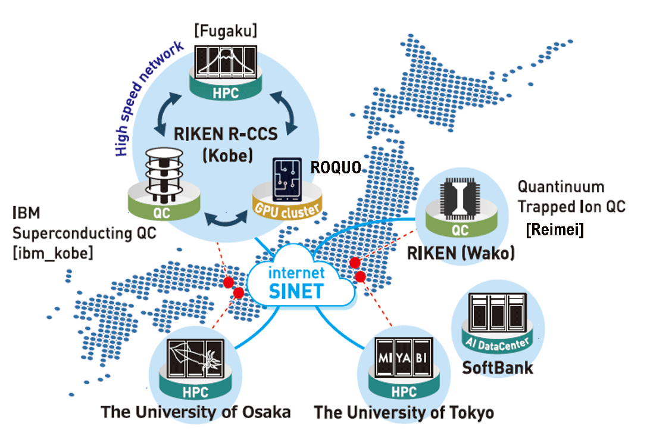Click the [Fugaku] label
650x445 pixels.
[226, 31]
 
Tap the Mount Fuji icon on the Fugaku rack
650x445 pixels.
[226, 62]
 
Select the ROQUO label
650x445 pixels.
[336, 167]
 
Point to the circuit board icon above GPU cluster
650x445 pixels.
[287, 179]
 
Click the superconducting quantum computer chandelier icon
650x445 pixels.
[164, 175]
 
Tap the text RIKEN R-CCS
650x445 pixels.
[226, 134]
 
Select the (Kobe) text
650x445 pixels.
[227, 156]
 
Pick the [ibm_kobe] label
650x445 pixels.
[52, 253]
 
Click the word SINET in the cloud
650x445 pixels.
[296, 291]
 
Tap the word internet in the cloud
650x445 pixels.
[296, 272]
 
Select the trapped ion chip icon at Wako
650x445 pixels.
[460, 199]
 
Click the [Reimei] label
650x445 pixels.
[555, 229]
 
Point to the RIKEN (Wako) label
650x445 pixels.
[461, 253]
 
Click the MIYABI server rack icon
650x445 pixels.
[404, 357]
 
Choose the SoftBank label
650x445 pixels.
[498, 368]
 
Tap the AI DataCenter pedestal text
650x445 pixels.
[497, 343]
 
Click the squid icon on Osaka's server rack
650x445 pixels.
[195, 357]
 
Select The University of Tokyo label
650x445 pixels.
[404, 413]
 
